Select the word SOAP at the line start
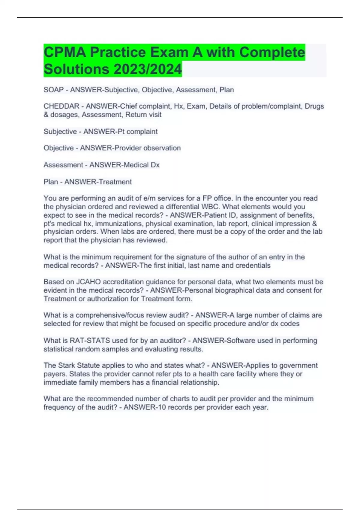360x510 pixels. click(x=53, y=90)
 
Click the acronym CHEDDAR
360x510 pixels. click(x=61, y=106)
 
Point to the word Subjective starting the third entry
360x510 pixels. click(x=60, y=131)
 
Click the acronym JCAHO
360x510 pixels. click(x=88, y=282)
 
